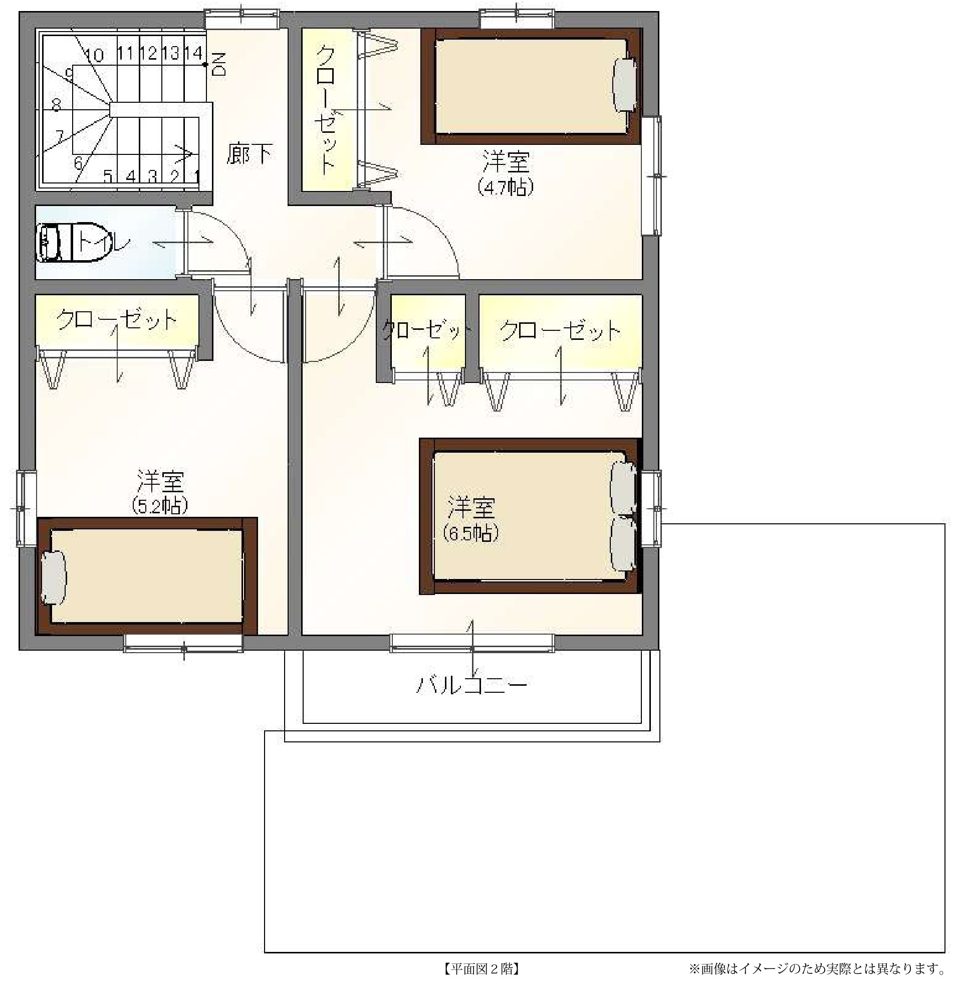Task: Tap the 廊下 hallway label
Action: pos(250,154)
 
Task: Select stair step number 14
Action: pos(193,53)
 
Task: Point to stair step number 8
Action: pos(56,105)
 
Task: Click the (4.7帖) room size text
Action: pos(505,187)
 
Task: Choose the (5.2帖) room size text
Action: pos(160,505)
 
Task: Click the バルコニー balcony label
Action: pos(472,685)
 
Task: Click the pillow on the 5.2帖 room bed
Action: pos(53,577)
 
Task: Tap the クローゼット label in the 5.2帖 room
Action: pos(117,320)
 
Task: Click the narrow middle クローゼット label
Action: pos(427,330)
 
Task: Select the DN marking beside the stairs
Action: pos(219,64)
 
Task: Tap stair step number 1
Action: pos(197,176)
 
